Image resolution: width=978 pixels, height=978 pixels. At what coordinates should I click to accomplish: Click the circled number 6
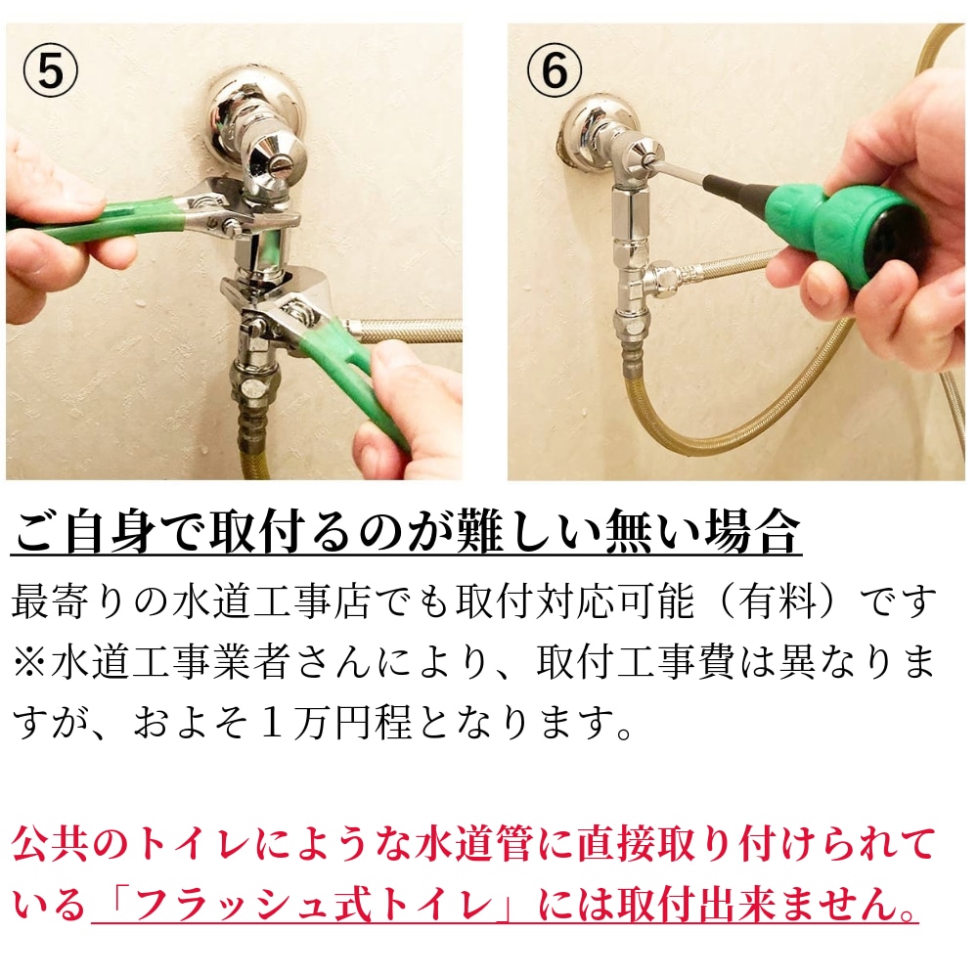[554, 71]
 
